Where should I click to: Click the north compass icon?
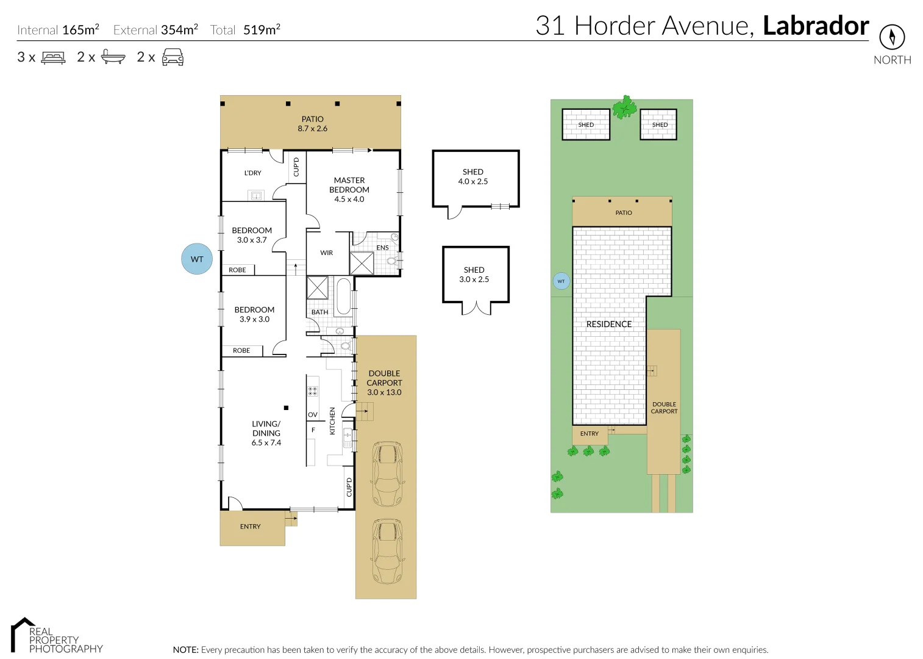coord(892,37)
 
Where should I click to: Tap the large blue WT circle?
coord(197,259)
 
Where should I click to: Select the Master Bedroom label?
coord(349,189)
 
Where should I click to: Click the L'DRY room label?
coord(252,173)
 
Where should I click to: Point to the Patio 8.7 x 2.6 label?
coord(312,124)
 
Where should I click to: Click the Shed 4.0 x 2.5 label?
coord(473,176)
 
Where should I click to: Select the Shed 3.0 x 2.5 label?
coord(474,275)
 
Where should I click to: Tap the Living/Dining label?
coord(266,433)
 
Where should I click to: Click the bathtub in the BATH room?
coord(343,297)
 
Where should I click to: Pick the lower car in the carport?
coord(387,551)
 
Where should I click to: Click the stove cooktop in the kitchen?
coord(313,391)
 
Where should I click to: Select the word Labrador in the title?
coord(816,26)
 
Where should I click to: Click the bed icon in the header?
coord(53,57)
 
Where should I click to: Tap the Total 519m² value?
coord(262,29)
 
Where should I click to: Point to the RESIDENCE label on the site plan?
coord(609,324)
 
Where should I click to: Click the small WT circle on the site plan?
coord(561,281)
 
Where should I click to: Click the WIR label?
coord(327,253)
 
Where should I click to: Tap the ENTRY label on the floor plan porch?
coord(250,527)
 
